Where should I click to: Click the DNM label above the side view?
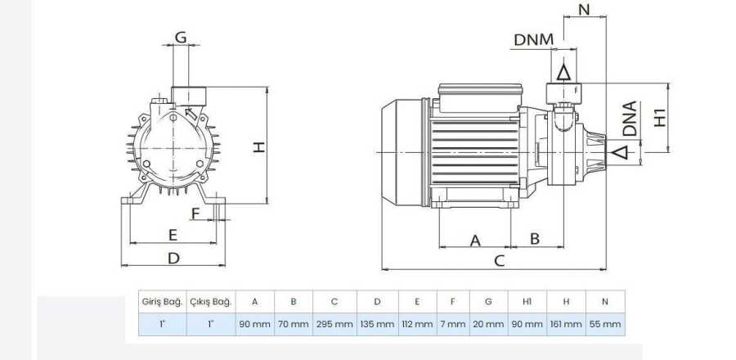tap(534, 40)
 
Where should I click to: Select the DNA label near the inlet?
tap(630, 119)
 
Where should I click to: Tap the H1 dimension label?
tap(660, 117)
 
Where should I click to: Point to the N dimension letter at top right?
tap(585, 9)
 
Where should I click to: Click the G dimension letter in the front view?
tap(181, 37)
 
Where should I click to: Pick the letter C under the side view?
tap(500, 260)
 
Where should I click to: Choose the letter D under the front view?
tap(173, 258)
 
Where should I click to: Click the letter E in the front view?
tap(173, 235)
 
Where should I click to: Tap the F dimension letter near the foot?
tap(195, 214)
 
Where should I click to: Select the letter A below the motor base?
tap(475, 241)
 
